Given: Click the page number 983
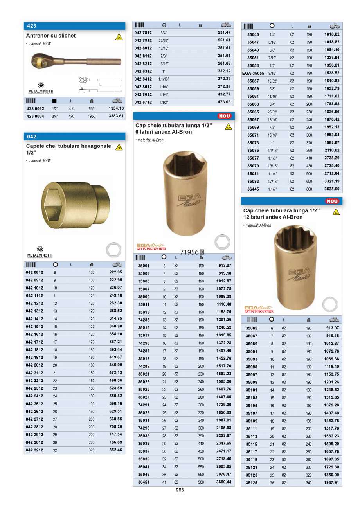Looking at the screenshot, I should [180, 489].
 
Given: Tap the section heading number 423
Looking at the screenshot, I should [32, 26].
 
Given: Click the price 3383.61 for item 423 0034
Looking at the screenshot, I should [116, 116].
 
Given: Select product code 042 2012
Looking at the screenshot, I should [34, 365].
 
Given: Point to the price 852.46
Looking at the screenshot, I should [115, 450].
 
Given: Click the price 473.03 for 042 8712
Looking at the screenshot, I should [224, 102].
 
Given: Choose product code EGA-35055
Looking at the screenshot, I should [253, 73].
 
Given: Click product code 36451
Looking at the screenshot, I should [144, 482].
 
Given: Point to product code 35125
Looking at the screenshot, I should [252, 483].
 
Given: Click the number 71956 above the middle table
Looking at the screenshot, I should [189, 252].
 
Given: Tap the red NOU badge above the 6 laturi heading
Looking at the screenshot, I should [225, 116].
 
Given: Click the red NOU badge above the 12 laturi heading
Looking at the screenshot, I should [332, 201].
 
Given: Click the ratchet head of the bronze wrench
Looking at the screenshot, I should [40, 61].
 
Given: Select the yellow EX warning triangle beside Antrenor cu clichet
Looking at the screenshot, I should [119, 37].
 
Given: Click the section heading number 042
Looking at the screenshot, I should [32, 137].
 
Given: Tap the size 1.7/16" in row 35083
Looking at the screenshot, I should [272, 182].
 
